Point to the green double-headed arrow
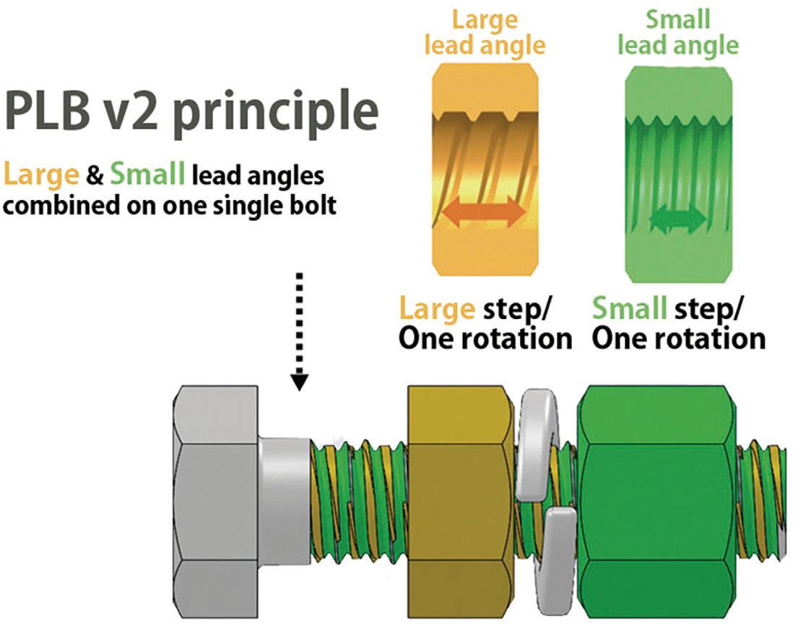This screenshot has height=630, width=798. point(677,219)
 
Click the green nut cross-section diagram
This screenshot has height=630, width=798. point(677,170)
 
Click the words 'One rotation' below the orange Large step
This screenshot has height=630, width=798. point(485,338)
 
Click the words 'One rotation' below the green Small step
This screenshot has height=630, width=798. point(678,338)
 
